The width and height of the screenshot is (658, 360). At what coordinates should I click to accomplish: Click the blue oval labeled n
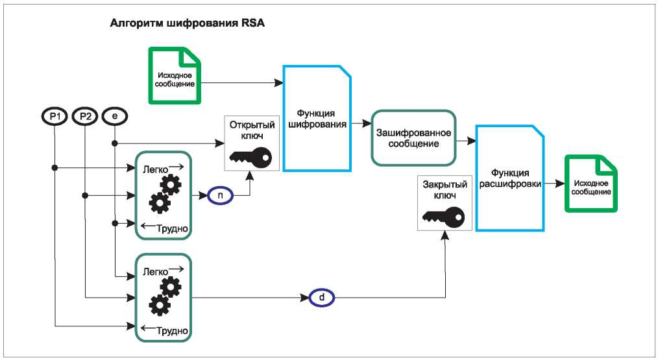pyautogui.click(x=220, y=194)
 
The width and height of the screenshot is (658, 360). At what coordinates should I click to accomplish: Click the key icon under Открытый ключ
pyautogui.click(x=249, y=156)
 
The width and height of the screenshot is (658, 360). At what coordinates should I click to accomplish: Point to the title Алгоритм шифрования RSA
pyautogui.click(x=189, y=23)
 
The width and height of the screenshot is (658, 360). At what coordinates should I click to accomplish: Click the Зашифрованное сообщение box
pyautogui.click(x=411, y=137)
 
